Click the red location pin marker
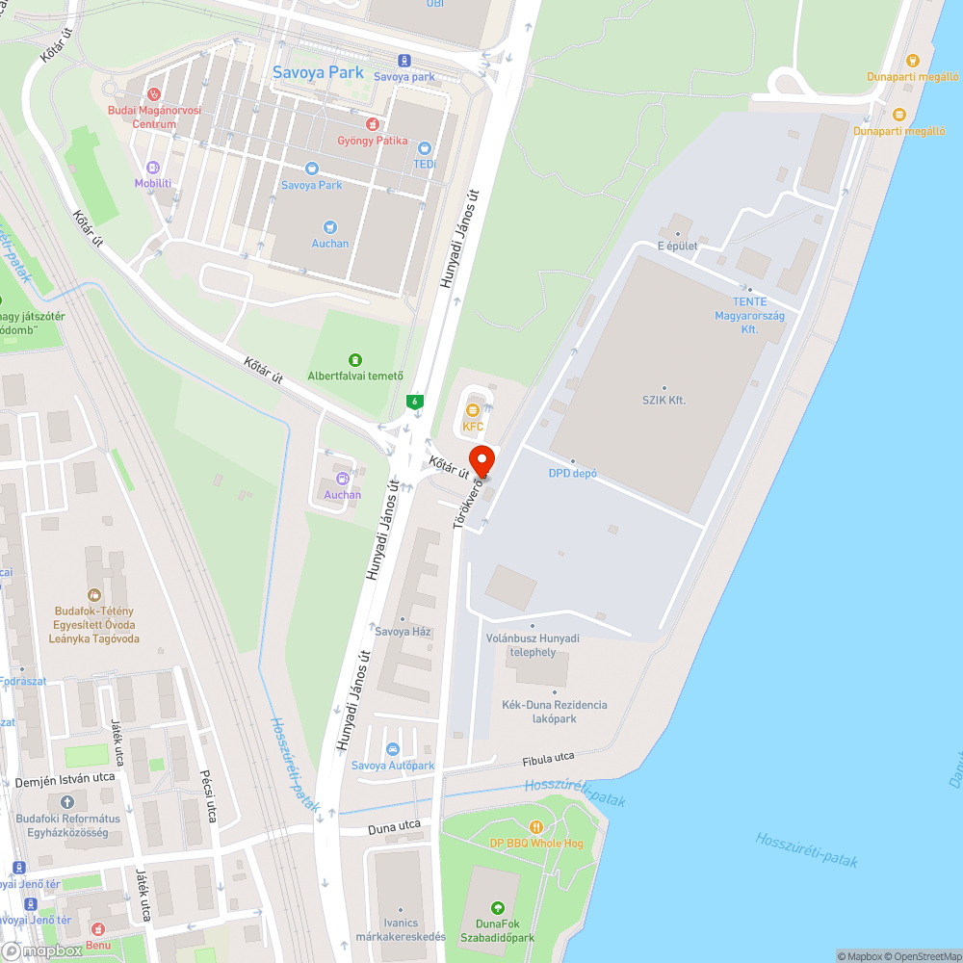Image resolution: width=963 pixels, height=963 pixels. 481,460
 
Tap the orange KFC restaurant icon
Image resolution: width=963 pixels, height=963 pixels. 472,410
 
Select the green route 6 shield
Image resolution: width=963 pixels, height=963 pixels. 415,401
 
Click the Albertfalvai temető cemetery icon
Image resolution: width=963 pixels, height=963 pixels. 355,360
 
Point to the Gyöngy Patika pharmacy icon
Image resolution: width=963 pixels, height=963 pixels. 372,124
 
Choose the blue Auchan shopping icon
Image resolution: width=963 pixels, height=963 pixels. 330,227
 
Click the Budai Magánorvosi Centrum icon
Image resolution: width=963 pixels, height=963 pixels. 153,94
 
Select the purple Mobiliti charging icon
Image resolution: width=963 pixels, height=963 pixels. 153,167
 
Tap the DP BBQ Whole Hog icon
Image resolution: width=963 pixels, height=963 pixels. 536,827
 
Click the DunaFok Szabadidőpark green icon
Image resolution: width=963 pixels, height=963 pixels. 497,908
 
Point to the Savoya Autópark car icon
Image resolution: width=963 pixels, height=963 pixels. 392,749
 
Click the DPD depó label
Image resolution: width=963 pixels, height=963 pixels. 573,473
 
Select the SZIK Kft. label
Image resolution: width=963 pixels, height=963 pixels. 664,400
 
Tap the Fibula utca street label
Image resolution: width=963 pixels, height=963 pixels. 548,760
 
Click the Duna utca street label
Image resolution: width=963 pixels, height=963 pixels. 394,826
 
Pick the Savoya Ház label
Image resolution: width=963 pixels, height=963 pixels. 403,632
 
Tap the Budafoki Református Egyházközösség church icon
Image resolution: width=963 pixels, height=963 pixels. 66,802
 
